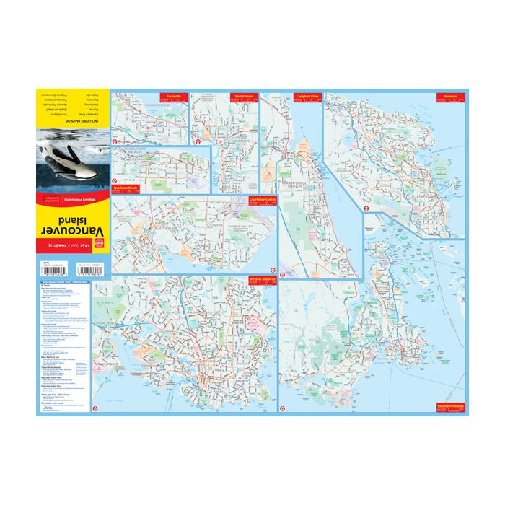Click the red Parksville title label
tap(173, 96)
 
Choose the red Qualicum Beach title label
tap(123, 188)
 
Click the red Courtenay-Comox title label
tap(263, 199)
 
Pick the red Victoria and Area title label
tap(262, 279)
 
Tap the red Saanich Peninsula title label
tap(448, 408)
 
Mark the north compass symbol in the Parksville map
tap(196, 141)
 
